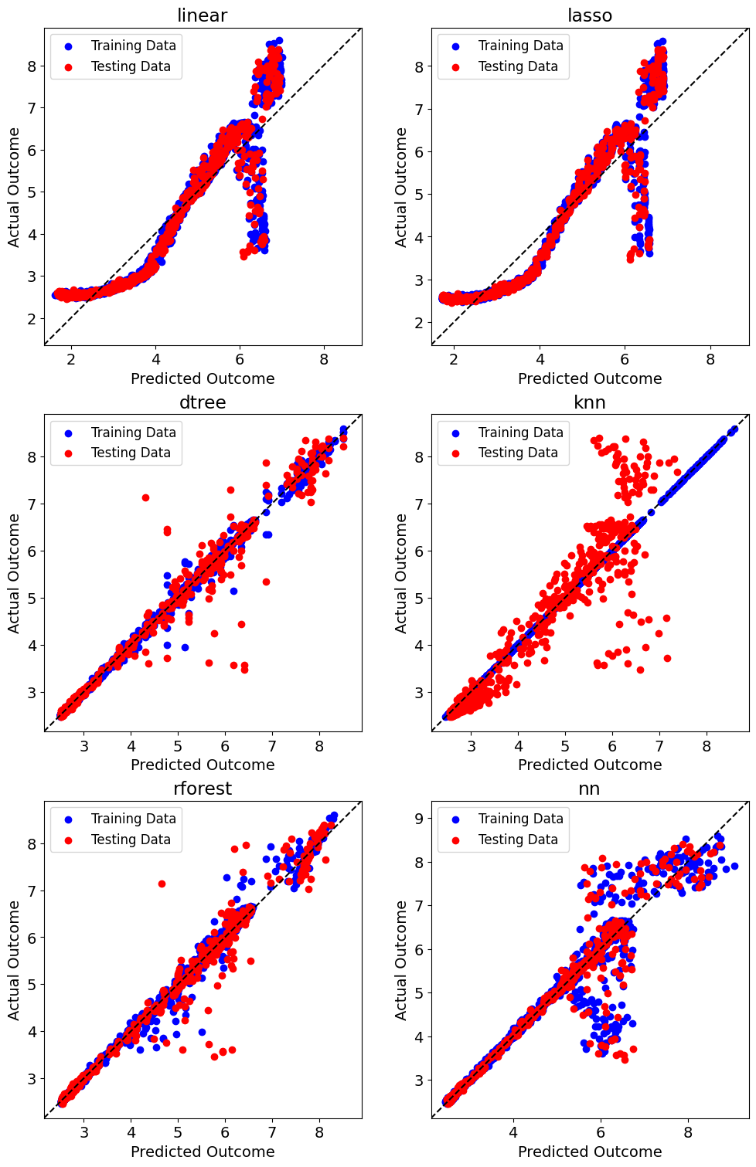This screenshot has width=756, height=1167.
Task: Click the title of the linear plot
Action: point(203,15)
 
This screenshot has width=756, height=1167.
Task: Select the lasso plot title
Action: point(590,15)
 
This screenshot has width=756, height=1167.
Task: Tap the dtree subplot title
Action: point(203,402)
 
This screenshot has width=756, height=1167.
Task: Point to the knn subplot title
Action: point(590,402)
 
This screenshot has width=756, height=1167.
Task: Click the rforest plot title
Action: point(203,789)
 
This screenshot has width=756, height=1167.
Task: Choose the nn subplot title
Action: point(590,790)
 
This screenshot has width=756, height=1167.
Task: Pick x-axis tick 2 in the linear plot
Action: point(71,359)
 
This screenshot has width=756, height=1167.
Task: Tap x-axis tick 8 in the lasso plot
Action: point(710,359)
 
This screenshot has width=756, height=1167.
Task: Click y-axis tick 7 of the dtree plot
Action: point(32,504)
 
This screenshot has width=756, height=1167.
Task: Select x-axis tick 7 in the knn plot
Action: point(659,746)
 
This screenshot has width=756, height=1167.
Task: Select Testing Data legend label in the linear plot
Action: point(131,66)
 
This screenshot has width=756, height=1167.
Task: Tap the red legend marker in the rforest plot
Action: point(68,840)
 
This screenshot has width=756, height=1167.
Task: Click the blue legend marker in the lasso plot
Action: point(455,46)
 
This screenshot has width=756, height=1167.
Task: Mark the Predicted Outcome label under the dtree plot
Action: point(203,765)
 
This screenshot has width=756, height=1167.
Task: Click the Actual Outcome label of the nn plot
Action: point(400,960)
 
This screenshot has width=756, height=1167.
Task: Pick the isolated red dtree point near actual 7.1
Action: point(145,497)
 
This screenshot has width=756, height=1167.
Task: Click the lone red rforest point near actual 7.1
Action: point(162,884)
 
